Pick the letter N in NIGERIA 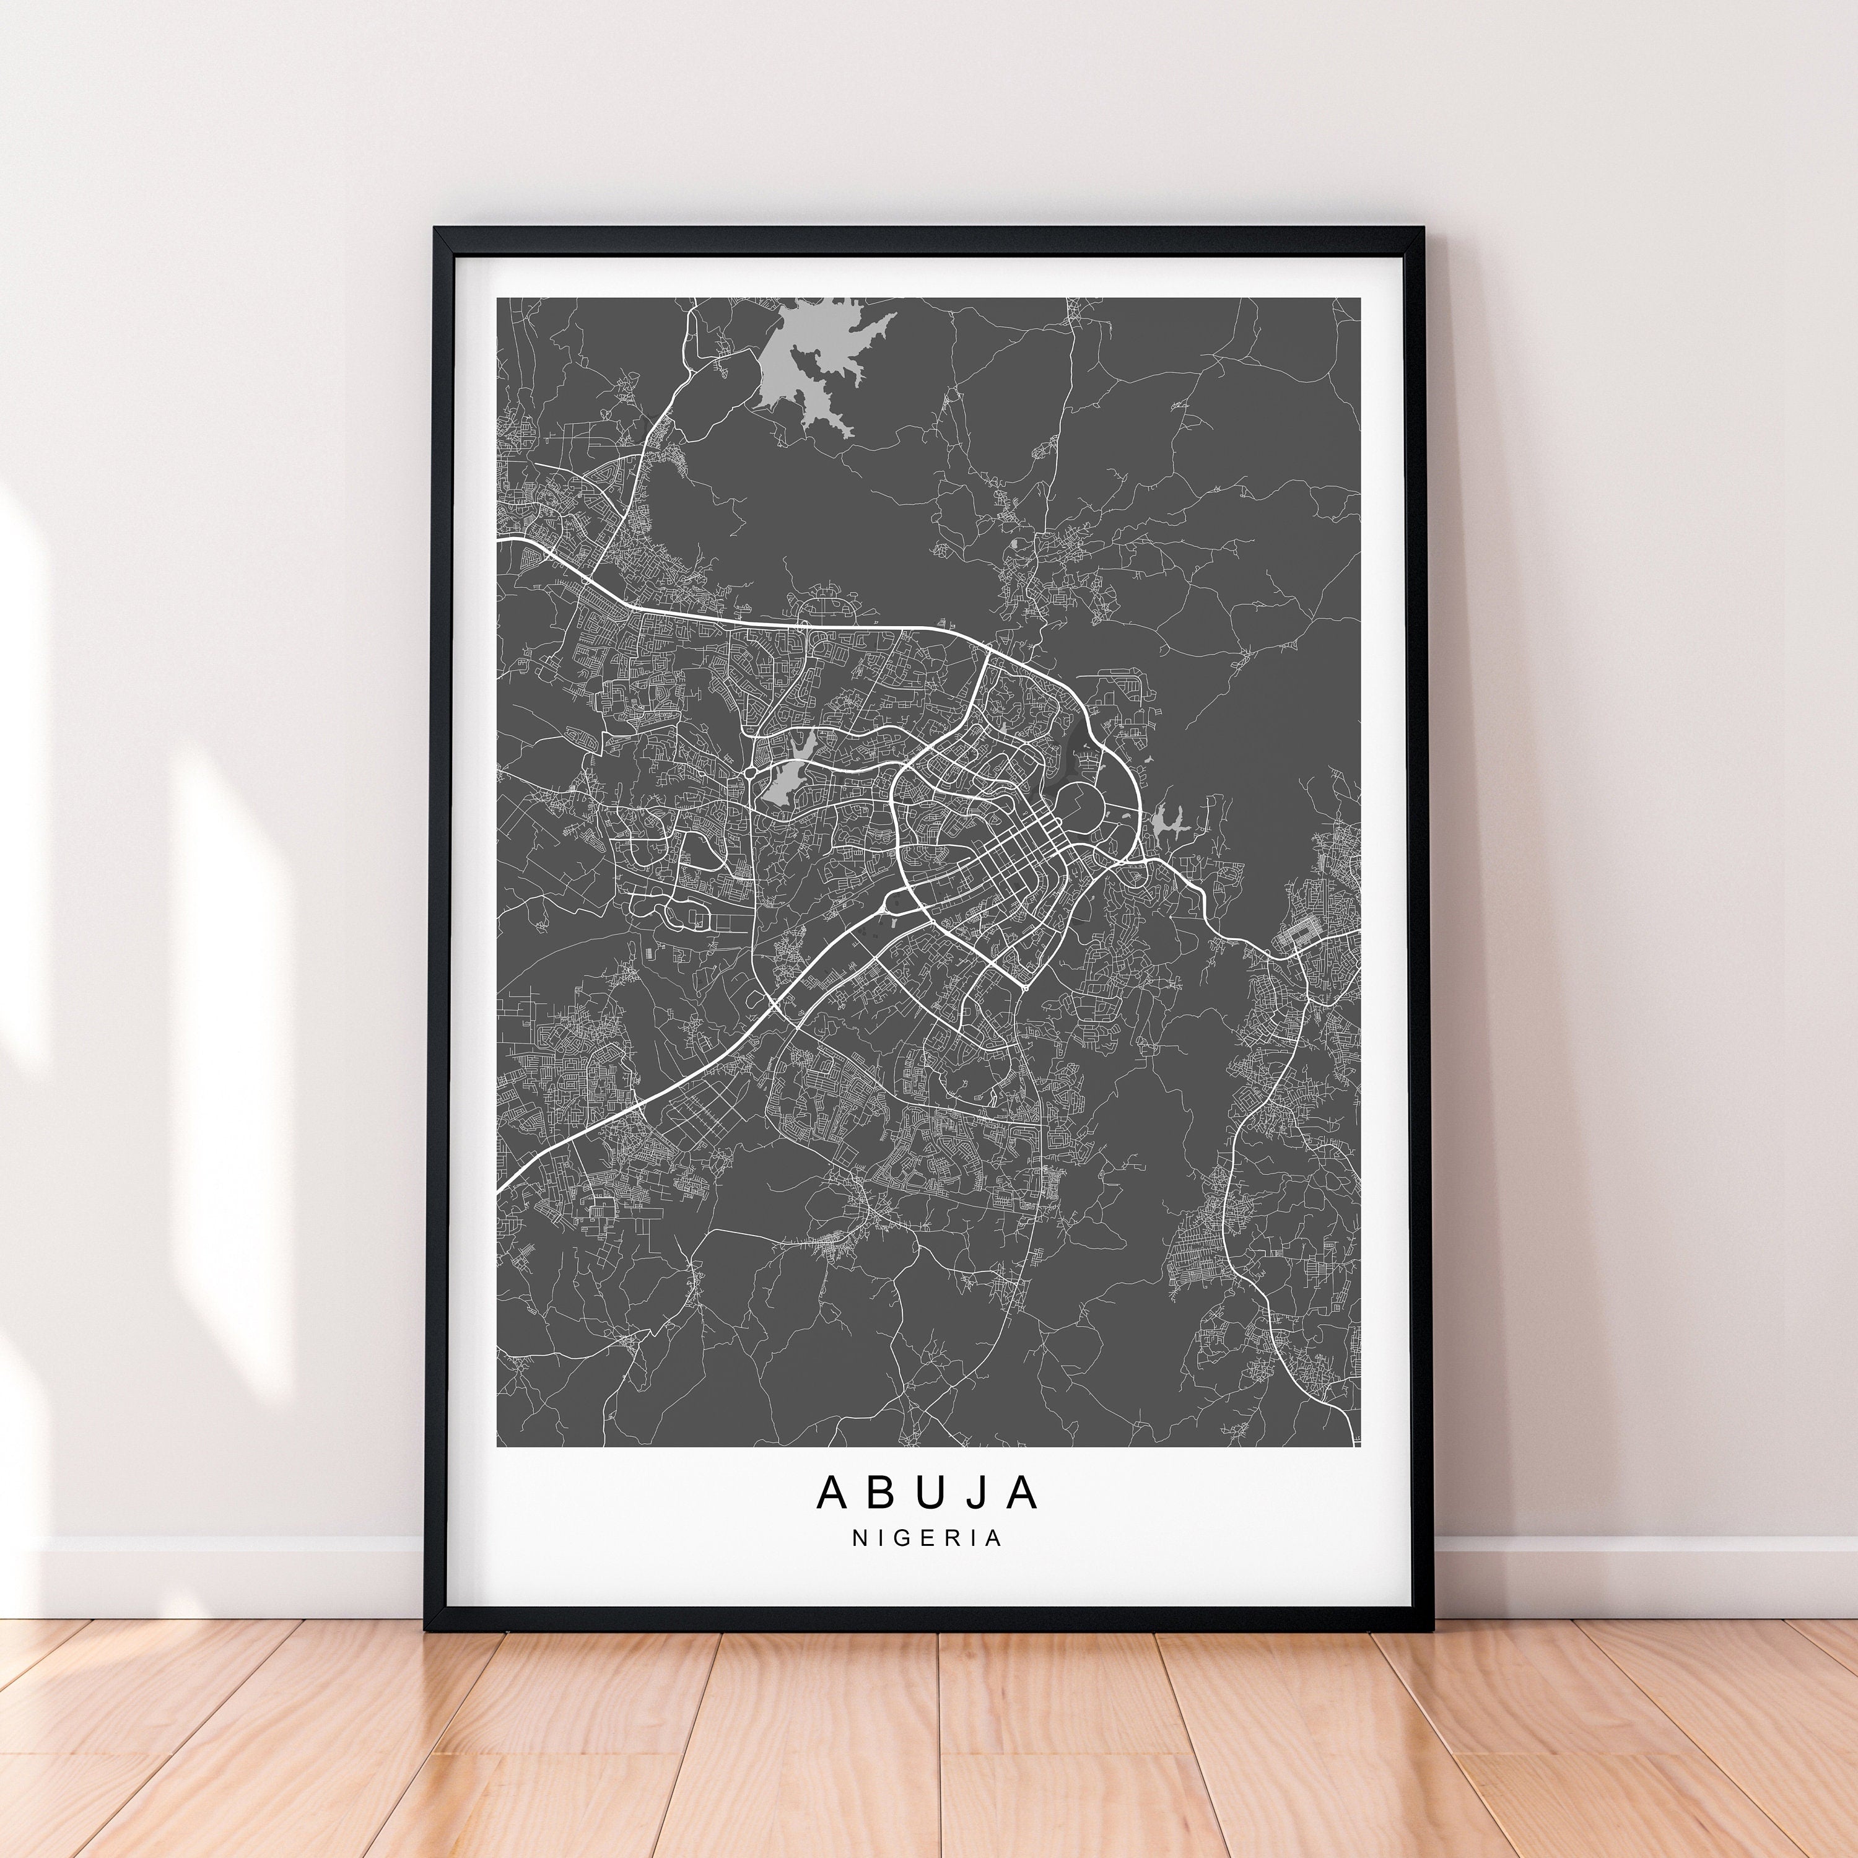pos(860,1564)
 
